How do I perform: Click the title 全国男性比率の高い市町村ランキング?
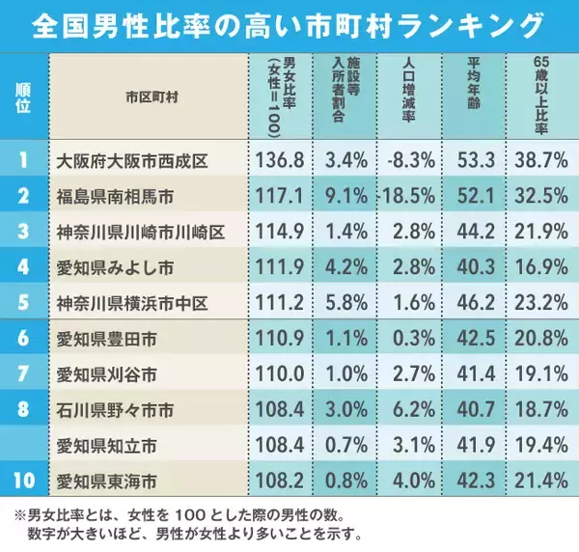point(289,22)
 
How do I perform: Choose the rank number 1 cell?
point(23,157)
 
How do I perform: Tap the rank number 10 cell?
point(23,476)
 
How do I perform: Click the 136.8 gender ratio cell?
point(283,157)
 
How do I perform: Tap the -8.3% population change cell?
point(411,157)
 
